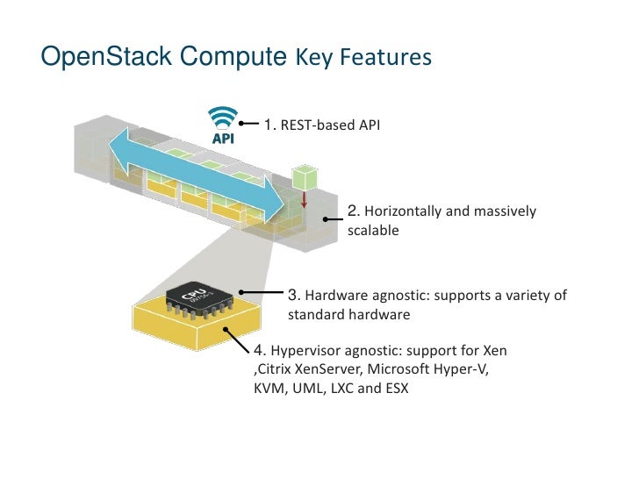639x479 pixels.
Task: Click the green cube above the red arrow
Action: (303, 175)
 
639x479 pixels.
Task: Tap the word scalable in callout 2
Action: (373, 232)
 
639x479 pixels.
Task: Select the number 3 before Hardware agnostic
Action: (294, 294)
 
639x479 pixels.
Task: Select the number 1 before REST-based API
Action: (269, 125)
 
